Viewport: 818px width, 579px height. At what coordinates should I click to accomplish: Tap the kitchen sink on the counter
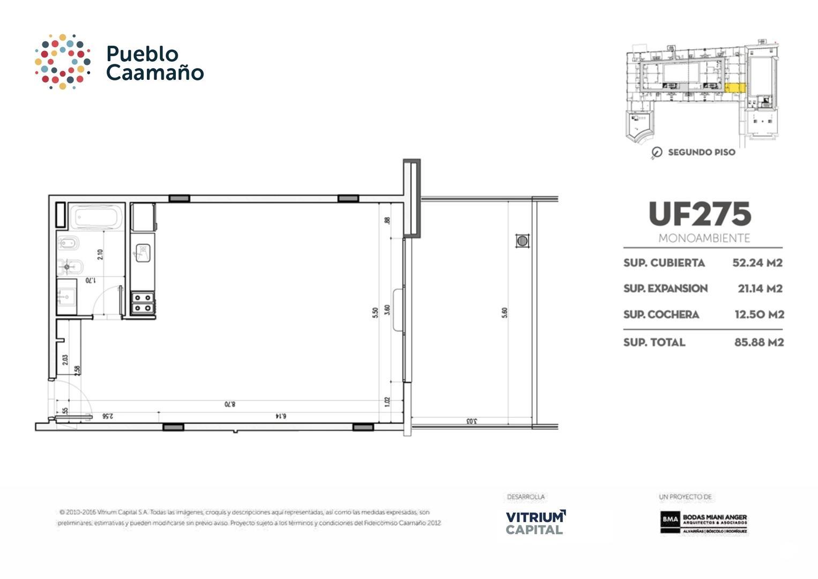142,252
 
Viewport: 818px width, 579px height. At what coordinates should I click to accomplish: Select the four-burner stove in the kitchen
143,302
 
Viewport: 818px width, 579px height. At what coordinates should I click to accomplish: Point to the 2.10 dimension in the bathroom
100,254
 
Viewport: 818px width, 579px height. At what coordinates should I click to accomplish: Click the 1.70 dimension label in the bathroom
91,280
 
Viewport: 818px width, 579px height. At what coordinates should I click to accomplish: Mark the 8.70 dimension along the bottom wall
230,404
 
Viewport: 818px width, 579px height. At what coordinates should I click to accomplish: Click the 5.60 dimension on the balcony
504,313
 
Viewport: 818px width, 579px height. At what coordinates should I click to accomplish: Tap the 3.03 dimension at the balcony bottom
471,421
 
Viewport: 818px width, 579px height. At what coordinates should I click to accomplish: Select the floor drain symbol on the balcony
523,241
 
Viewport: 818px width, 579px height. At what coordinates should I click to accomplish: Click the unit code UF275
700,214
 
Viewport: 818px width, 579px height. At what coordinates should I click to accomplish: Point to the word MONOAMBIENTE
704,238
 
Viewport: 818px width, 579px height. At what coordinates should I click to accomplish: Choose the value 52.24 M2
757,263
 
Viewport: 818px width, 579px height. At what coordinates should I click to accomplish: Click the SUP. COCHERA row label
661,315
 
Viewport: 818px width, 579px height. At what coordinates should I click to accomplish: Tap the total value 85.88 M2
758,342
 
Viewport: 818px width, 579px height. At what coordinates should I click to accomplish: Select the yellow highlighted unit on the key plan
734,87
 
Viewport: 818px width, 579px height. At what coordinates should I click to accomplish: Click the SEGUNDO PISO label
701,152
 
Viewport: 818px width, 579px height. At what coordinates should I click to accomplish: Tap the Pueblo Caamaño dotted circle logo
62,61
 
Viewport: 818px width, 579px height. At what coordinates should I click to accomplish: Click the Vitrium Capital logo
536,522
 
